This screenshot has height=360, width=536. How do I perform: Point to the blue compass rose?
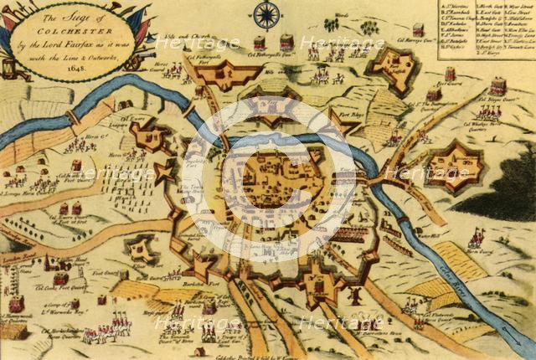267,15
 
